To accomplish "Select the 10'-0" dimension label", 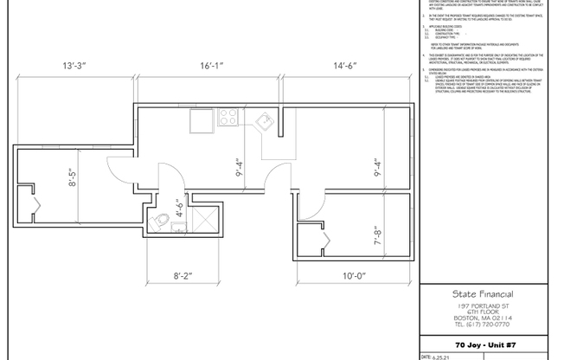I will pyautogui.click(x=355, y=276).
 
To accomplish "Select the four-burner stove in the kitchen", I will pyautogui.click(x=230, y=117).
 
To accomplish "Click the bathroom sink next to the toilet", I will pyautogui.click(x=177, y=228).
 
